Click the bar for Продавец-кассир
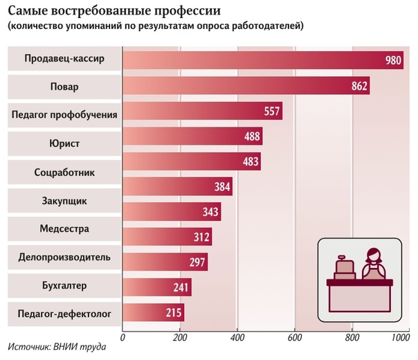coord(256,60)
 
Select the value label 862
coord(359,88)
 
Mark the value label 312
coord(201,237)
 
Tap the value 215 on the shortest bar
coord(174,313)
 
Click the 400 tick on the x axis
coord(237,338)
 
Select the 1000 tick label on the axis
coord(401,338)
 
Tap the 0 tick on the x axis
coord(122,338)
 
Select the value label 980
coord(393,60)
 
